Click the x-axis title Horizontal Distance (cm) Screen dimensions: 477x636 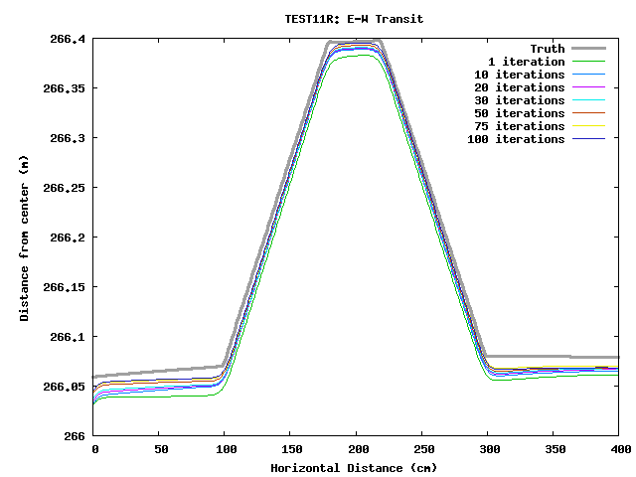(354, 467)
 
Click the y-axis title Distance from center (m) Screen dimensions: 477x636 (24, 238)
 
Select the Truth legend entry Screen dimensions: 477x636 (547, 49)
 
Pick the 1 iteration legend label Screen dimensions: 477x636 (533, 62)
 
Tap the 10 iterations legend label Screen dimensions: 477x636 (519, 75)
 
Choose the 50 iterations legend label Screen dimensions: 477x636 (519, 113)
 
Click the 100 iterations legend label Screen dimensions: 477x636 (516, 139)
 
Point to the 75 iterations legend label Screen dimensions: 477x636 (519, 126)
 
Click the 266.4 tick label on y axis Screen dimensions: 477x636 (67, 39)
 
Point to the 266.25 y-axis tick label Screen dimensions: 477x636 (63, 188)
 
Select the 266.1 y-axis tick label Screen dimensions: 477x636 (67, 337)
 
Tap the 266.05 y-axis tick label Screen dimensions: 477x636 (63, 387)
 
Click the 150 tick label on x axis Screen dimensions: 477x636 (290, 450)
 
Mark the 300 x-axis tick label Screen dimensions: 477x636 (488, 450)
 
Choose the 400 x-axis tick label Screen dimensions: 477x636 (619, 450)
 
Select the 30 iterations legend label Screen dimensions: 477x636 (519, 100)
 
